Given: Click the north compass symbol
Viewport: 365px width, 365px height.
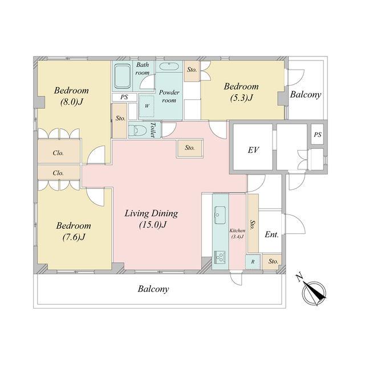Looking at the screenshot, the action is click(313, 293).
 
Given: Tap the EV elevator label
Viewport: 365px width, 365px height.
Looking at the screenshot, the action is click(253, 150).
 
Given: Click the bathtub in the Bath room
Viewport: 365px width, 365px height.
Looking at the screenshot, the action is click(122, 76).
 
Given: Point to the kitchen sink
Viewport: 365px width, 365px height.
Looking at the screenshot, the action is click(220, 215).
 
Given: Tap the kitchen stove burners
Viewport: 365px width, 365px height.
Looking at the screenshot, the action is click(220, 257).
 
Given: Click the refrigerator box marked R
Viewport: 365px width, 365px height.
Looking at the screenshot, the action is click(253, 262).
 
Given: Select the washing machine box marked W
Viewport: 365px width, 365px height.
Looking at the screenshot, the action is click(147, 106).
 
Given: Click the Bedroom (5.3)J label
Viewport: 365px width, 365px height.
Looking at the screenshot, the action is click(241, 92).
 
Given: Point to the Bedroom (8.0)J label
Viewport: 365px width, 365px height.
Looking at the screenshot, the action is click(71, 96).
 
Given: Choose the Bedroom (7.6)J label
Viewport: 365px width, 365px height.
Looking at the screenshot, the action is click(74, 232).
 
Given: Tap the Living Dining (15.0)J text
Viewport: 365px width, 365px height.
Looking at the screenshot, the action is click(152, 219).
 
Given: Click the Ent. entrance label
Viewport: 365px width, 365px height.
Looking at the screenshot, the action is click(271, 234).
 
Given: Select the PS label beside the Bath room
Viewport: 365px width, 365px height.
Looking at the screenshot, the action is click(124, 97).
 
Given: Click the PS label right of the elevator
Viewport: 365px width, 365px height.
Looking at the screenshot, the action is click(318, 135).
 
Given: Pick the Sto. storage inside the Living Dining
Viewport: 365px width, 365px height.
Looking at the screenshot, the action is click(190, 148).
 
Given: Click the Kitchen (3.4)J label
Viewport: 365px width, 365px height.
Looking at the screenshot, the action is click(237, 233).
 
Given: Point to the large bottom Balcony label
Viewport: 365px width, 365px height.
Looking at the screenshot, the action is click(153, 289).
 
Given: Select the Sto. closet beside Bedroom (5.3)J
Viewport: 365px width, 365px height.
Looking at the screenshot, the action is click(192, 71).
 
